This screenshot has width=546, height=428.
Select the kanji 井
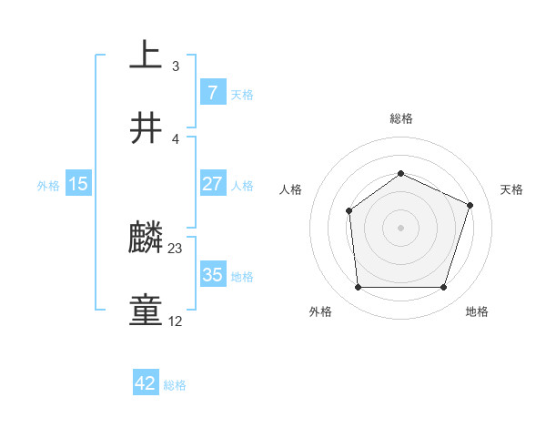146,128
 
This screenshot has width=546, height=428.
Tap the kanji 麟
146,239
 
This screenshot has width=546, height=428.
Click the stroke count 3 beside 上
175,66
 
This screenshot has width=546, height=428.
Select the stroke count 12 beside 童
175,321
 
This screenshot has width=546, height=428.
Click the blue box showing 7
212,92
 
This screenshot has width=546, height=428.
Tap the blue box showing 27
212,183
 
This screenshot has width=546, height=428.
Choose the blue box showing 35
212,275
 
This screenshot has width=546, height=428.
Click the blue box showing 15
78,184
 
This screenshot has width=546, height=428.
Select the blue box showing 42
145,383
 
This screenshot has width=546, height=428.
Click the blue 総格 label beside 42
175,385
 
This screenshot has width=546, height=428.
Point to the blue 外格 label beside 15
48,185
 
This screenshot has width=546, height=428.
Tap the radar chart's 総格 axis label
400,118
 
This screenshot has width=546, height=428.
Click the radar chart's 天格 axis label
511,189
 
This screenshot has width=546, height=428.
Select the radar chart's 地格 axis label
477,311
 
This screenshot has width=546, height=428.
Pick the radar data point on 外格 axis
358,288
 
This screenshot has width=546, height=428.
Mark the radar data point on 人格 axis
349,211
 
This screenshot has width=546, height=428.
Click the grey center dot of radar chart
400,228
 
